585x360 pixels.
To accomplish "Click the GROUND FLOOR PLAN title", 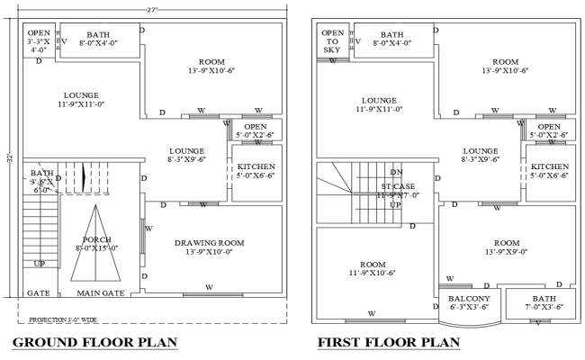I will click(94, 342).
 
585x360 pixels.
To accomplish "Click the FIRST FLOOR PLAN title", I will click(388, 342).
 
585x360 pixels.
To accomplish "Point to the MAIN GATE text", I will click(100, 292).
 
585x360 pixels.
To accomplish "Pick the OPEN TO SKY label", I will click(332, 41).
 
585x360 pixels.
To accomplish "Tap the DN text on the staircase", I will click(395, 172).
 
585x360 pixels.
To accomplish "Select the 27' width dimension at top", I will click(150, 9).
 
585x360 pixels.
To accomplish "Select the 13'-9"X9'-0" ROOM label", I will click(506, 248).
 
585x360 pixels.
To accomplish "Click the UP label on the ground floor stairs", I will click(39, 264).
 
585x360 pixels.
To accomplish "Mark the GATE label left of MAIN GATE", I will click(39, 292).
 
